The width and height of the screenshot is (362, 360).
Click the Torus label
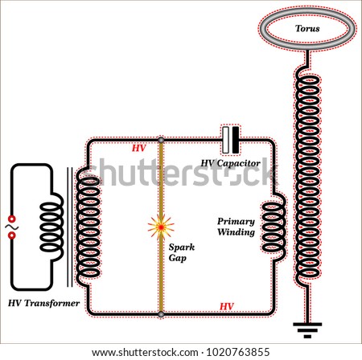[307, 28]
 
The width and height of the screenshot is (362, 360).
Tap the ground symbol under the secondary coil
[307, 330]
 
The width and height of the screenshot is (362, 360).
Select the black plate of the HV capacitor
[236, 140]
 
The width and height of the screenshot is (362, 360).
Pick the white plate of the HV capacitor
[226, 140]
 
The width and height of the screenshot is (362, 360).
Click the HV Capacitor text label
[231, 163]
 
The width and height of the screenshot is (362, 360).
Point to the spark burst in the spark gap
[161, 227]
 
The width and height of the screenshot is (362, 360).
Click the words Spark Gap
[182, 252]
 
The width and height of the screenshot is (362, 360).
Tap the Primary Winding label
[236, 227]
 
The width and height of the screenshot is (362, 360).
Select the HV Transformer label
[43, 303]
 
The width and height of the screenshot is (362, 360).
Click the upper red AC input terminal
[12, 219]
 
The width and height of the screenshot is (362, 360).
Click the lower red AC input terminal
[12, 235]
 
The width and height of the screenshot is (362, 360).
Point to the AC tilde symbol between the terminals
[12, 227]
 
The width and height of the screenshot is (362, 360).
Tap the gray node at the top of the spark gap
[161, 140]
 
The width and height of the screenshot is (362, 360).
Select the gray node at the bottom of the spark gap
[161, 314]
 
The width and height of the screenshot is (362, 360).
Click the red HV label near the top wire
[138, 148]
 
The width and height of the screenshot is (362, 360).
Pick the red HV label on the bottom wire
[227, 306]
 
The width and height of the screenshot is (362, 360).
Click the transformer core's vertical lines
[70, 227]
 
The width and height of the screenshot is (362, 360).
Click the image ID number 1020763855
[237, 352]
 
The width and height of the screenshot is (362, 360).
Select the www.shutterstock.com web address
[145, 352]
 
